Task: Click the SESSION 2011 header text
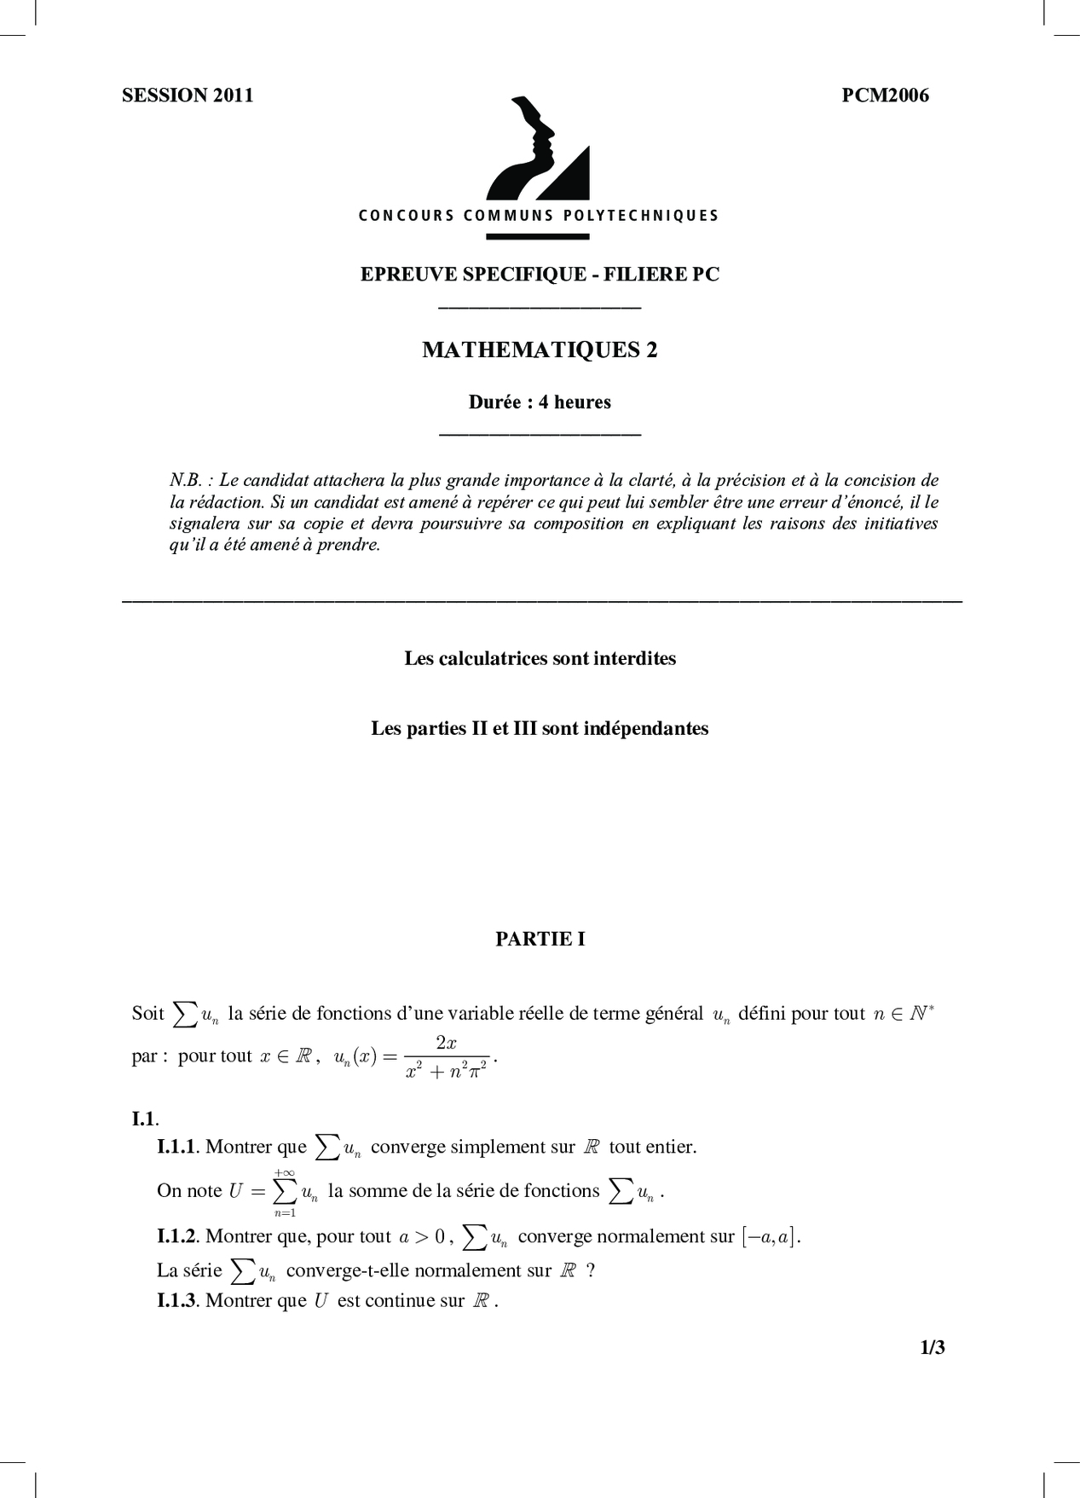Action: (x=188, y=95)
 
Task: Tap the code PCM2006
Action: (x=885, y=95)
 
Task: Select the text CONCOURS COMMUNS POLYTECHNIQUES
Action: (x=539, y=216)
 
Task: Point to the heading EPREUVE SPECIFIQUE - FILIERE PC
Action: (x=540, y=274)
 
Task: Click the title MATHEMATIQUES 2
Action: (x=540, y=350)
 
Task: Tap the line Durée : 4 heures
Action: (x=540, y=402)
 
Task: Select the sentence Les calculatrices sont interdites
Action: (x=540, y=658)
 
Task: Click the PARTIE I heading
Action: (x=540, y=939)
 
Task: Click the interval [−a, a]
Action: (x=770, y=1236)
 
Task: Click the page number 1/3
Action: (x=933, y=1348)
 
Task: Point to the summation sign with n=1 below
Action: (x=286, y=1192)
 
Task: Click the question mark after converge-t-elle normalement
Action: (x=591, y=1270)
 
